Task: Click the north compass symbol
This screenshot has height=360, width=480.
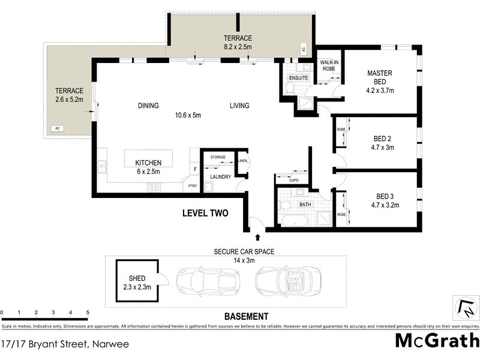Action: (466, 308)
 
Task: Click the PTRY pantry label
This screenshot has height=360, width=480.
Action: (193, 187)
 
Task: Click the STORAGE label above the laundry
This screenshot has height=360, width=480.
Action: (218, 157)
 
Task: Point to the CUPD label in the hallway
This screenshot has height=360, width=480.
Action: (293, 180)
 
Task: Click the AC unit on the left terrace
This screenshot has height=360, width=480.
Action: (58, 128)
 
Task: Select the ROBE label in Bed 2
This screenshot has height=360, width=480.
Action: (341, 129)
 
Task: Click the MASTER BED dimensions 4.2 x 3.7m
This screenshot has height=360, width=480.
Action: (379, 91)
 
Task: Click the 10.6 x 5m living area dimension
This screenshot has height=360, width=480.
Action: (188, 115)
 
